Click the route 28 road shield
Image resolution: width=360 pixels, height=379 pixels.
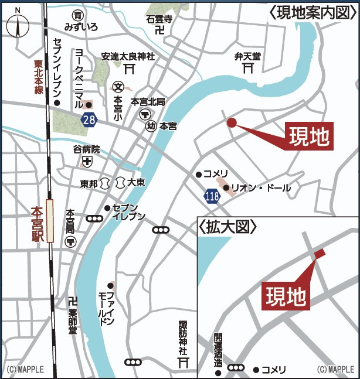pos(89,119)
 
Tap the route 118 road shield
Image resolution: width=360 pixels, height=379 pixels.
pos(212,195)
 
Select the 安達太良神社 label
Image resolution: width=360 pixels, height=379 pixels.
pos(128,57)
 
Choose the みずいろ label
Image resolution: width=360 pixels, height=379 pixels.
pos(81,28)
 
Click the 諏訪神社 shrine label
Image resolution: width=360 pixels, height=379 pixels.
pos(183,338)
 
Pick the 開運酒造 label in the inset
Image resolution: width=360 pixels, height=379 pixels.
pos(218,350)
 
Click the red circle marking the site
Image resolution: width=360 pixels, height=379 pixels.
pos(232,122)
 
